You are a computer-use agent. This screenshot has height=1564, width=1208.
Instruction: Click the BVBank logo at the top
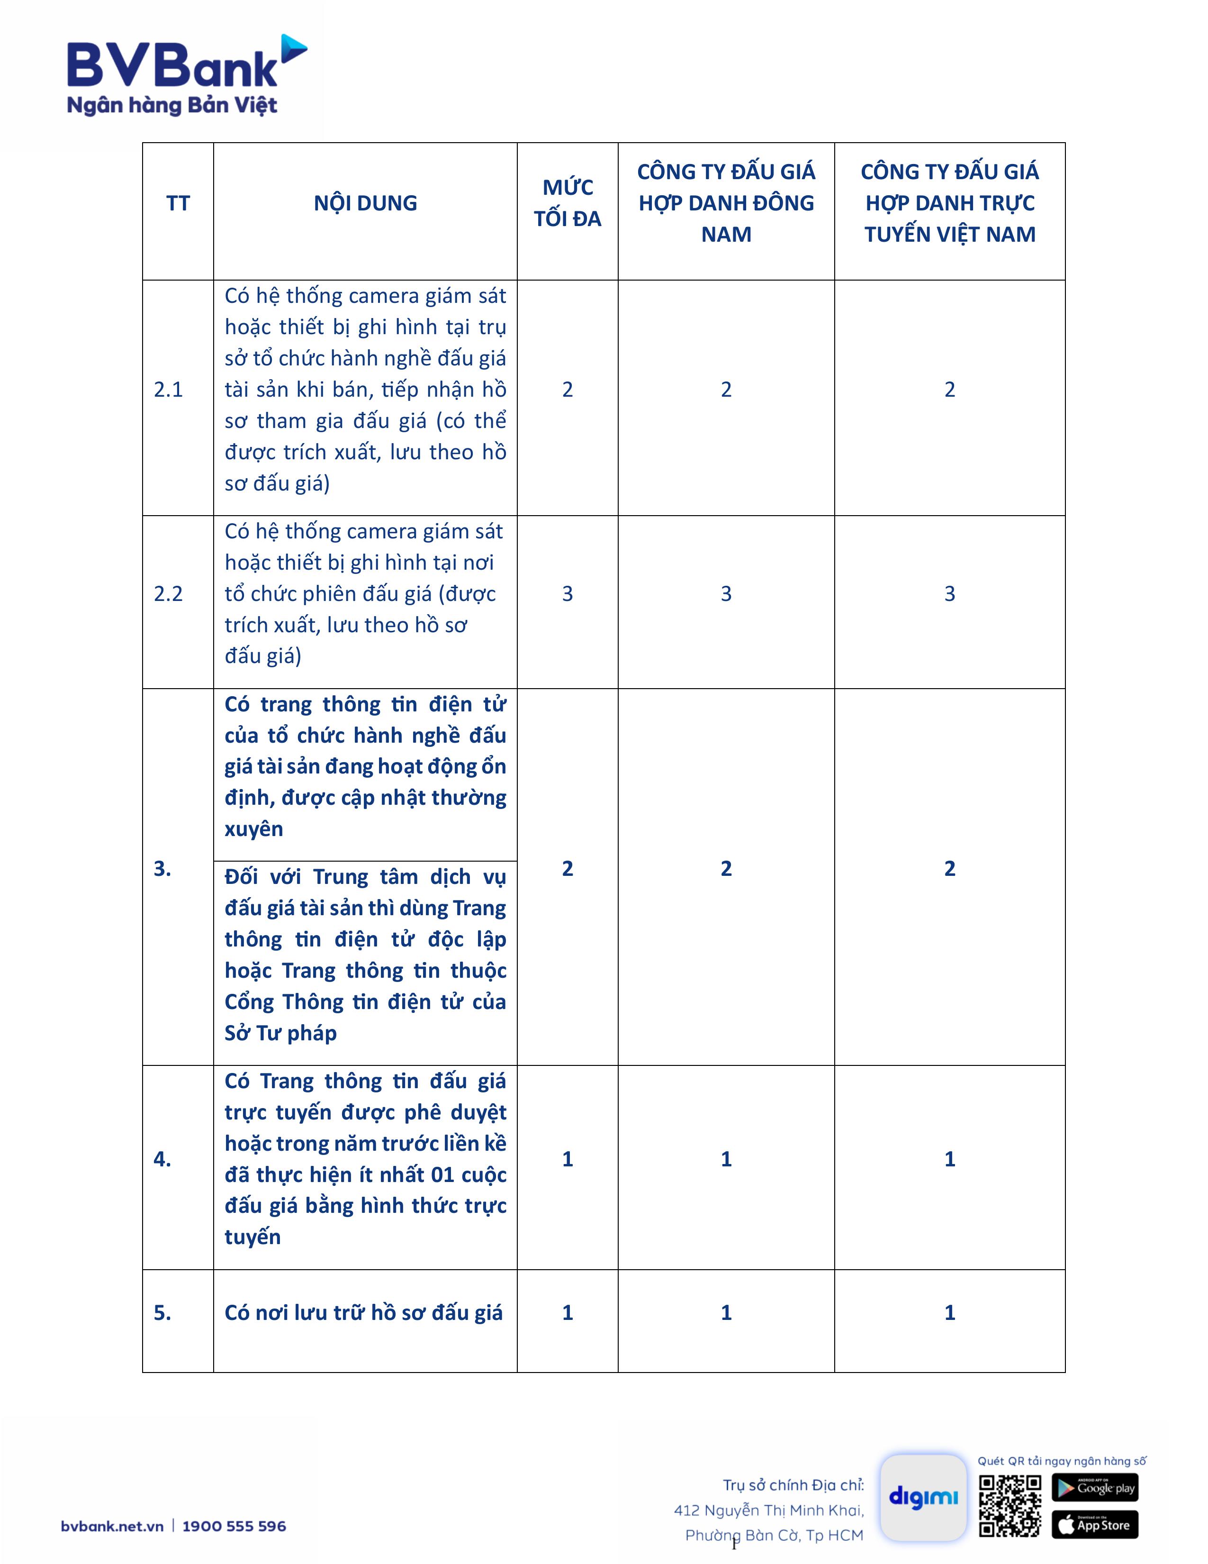(186, 75)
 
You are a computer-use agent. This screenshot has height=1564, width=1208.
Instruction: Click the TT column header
(178, 203)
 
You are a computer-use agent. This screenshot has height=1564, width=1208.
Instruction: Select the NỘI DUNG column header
(365, 203)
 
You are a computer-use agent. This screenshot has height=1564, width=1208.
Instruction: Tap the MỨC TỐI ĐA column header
(568, 203)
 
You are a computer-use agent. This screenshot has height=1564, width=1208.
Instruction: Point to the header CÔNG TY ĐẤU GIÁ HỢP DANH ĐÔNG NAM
(726, 203)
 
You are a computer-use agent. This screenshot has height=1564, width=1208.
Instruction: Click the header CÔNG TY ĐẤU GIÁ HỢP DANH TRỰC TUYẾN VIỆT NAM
(950, 203)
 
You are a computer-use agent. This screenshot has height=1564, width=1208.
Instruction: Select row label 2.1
(168, 390)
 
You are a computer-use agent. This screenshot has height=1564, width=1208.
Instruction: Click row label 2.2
(168, 594)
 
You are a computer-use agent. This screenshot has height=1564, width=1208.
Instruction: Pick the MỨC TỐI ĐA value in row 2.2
(568, 594)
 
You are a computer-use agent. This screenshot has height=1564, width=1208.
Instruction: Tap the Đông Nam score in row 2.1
(726, 390)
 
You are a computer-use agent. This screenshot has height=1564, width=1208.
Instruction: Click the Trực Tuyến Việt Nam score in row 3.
(950, 869)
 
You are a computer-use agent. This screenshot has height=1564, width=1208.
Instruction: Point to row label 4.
(162, 1159)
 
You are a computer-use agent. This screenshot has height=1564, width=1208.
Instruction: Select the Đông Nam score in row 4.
(726, 1159)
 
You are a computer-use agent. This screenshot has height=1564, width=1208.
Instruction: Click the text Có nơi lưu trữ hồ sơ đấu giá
(363, 1313)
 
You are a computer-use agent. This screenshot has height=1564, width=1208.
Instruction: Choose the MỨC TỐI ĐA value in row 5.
(568, 1313)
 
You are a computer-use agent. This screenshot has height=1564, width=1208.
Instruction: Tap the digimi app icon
(923, 1497)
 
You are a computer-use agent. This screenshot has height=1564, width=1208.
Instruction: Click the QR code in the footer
(1010, 1505)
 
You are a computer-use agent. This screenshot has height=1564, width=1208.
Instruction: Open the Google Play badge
(1094, 1487)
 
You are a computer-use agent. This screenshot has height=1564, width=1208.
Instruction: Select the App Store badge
(1094, 1525)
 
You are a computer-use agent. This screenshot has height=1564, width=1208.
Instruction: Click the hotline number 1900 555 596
(234, 1526)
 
